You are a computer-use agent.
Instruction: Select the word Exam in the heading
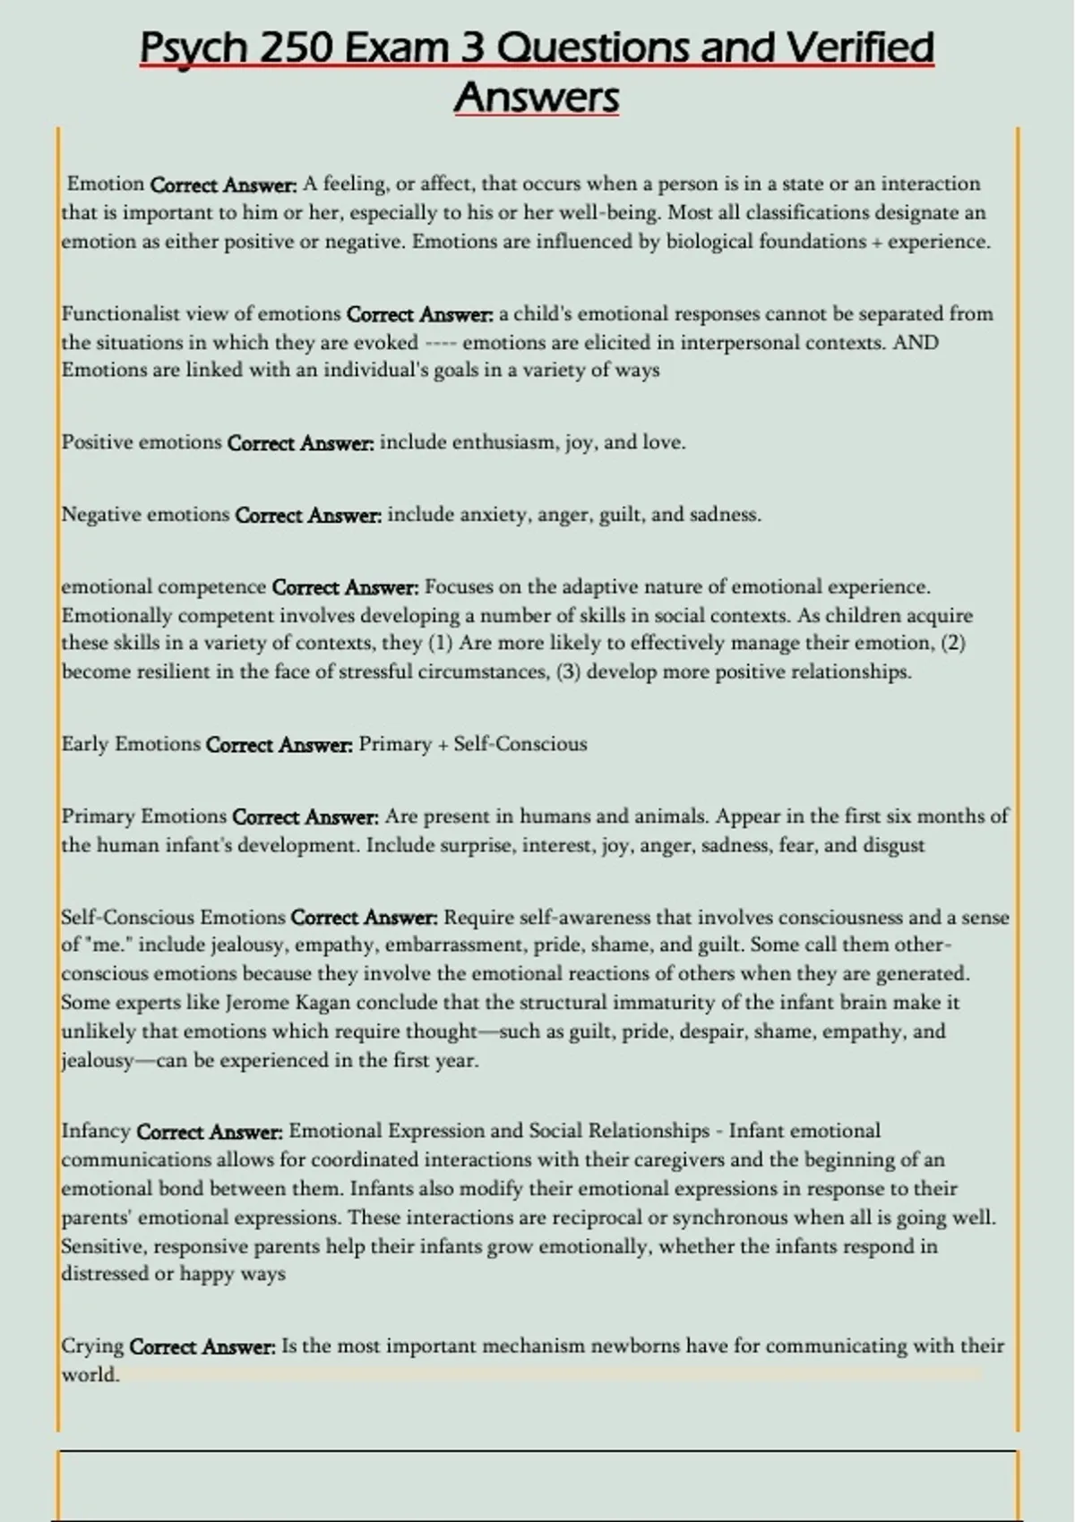(395, 47)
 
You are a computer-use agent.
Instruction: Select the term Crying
(92, 1347)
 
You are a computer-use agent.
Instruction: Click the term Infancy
(96, 1132)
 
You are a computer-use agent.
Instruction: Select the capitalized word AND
(916, 343)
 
